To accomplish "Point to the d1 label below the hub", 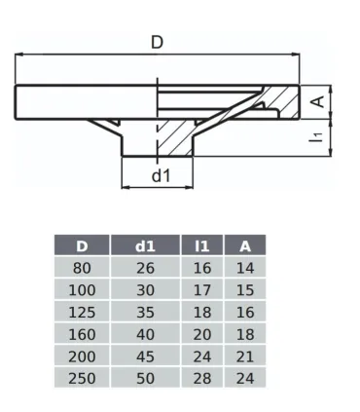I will (x=162, y=175).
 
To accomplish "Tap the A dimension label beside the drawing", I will (x=317, y=100).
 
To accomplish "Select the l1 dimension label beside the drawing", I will (x=317, y=137).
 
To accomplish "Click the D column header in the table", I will (x=82, y=246).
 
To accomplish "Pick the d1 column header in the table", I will (x=145, y=246).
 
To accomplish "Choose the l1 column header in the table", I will (x=202, y=246).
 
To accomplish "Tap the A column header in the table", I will (x=244, y=246).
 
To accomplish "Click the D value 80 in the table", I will (x=82, y=268).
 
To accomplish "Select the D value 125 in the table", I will (x=82, y=312).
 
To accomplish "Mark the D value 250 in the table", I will (x=82, y=377).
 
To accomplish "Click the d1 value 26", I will (x=145, y=268).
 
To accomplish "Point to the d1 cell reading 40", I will (x=145, y=333).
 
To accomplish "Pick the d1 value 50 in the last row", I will (x=145, y=377).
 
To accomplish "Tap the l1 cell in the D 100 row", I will (x=202, y=289).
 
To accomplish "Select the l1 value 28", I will (x=202, y=377).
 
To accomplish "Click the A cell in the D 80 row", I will (x=244, y=268).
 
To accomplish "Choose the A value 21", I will (x=244, y=356).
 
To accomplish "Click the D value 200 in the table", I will (x=82, y=356).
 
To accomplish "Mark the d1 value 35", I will (x=145, y=312).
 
